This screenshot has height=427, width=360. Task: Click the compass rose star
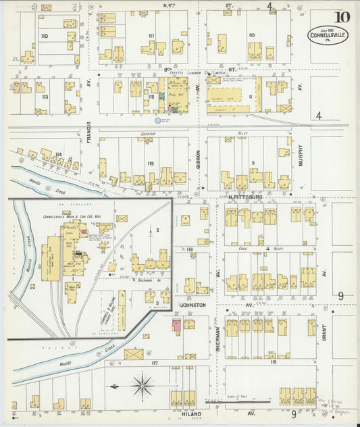tap(142, 386)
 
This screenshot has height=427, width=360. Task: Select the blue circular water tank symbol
tap(158, 120)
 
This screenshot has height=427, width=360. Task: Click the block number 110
tap(45, 36)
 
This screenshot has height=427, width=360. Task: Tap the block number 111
tap(151, 36)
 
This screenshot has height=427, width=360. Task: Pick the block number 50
tap(251, 35)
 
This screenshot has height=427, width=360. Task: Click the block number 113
tap(45, 97)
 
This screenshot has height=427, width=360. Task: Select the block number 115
tap(151, 164)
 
